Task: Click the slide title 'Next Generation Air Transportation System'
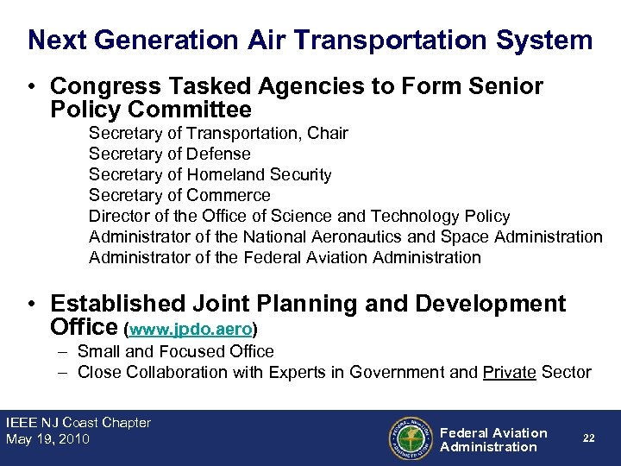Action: point(310,40)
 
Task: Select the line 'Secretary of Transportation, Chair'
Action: point(218,133)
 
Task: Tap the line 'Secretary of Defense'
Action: point(169,154)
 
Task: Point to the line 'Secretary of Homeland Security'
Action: point(210,174)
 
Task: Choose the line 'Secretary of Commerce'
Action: point(179,195)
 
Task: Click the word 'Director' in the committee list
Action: point(117,216)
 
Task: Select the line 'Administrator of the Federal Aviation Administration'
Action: point(285,257)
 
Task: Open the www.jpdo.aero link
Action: point(191,330)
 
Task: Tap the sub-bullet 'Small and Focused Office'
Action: point(175,351)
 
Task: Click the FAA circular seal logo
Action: point(411,439)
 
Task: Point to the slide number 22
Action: point(588,438)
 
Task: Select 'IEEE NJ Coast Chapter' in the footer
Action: point(78,423)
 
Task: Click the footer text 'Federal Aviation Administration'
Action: point(493,439)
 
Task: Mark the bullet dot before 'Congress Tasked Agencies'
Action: point(32,87)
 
